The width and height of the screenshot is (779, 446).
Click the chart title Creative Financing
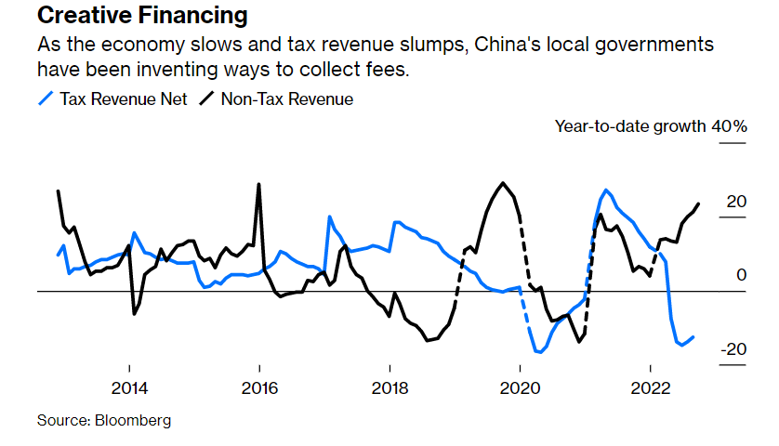click(x=142, y=16)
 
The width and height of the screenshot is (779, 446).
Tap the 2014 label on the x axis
click(x=129, y=388)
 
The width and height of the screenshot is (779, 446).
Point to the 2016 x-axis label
click(x=259, y=388)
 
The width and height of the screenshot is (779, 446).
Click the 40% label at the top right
click(x=730, y=125)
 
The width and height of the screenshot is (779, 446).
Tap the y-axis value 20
click(x=736, y=201)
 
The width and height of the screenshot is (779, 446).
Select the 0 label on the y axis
click(x=741, y=275)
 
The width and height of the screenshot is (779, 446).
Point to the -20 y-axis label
click(x=733, y=349)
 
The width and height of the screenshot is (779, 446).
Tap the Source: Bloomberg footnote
click(x=104, y=421)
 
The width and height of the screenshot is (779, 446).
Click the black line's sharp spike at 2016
click(x=258, y=184)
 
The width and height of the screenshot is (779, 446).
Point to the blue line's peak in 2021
click(x=606, y=190)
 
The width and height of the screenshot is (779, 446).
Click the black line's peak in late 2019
click(x=503, y=183)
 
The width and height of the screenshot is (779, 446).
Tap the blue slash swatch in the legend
click(x=46, y=98)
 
